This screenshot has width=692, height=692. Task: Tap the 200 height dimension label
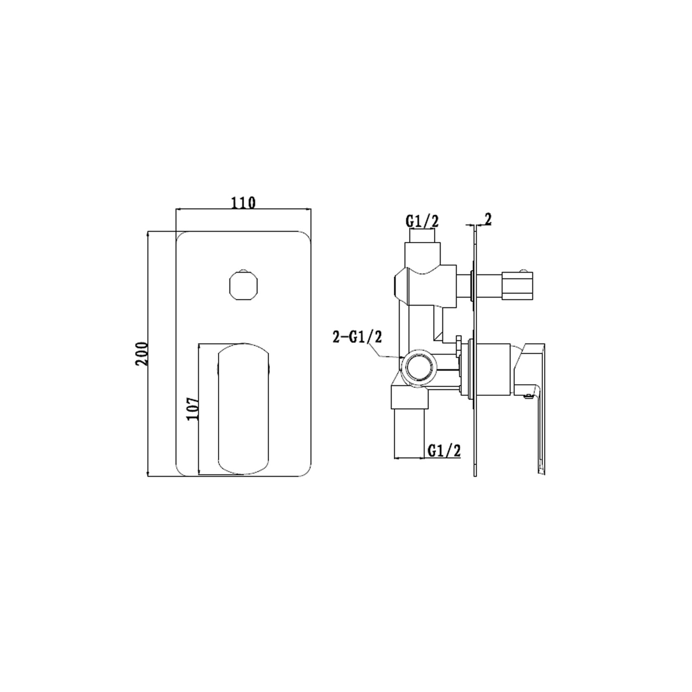[141, 353]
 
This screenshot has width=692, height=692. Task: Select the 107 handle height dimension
[193, 408]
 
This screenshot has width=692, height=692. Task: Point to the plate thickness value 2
[488, 220]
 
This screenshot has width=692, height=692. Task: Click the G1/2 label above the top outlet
[422, 222]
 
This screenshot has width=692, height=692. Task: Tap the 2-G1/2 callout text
[358, 337]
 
